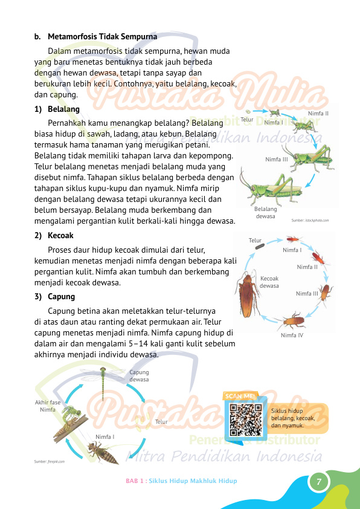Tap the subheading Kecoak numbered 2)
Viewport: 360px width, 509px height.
[61, 236]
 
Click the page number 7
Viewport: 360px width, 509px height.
[318, 482]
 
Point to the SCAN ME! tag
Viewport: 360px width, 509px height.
[240, 396]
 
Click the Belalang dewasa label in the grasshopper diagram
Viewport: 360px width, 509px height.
[265, 212]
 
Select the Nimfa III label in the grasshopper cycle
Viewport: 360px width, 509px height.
[277, 159]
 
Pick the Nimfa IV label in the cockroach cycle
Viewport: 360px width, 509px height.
[292, 335]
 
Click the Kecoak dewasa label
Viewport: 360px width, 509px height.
[269, 282]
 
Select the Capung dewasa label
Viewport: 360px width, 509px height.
[139, 376]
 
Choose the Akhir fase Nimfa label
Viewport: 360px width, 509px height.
[48, 406]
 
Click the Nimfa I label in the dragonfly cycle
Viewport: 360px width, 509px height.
[105, 436]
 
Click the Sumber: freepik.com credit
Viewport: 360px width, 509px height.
[50, 461]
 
